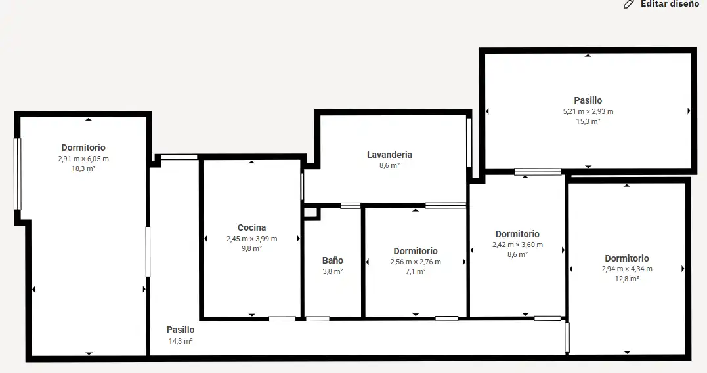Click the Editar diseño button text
[670, 3]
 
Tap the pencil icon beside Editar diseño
[628, 4]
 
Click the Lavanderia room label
[389, 155]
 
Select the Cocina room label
[251, 227]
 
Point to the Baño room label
[333, 260]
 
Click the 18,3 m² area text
[83, 168]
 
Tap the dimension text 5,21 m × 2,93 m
[588, 111]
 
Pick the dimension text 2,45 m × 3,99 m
[251, 239]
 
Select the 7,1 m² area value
[416, 271]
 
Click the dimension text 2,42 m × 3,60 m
[518, 245]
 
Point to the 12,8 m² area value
[627, 279]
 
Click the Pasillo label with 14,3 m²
[181, 330]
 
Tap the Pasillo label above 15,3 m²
[588, 100]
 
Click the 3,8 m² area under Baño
[333, 271]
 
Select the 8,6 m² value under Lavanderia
[389, 165]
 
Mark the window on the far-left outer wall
[18, 174]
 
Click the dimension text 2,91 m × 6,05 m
[83, 159]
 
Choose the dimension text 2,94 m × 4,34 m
[627, 269]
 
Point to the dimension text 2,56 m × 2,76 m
[416, 262]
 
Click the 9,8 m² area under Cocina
[251, 248]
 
